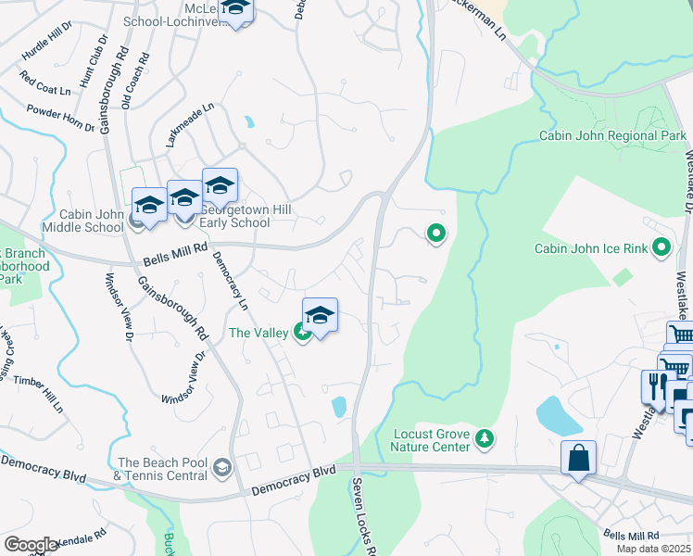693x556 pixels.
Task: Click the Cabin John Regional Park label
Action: click(x=612, y=136)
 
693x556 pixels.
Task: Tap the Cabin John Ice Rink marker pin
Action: click(x=661, y=247)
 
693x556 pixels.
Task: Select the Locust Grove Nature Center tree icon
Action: click(x=483, y=436)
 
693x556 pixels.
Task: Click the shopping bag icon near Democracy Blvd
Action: click(x=578, y=458)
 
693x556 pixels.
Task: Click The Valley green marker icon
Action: click(x=302, y=332)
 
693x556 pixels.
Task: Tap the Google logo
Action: click(x=31, y=545)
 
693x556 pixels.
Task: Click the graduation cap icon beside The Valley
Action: click(x=320, y=316)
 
